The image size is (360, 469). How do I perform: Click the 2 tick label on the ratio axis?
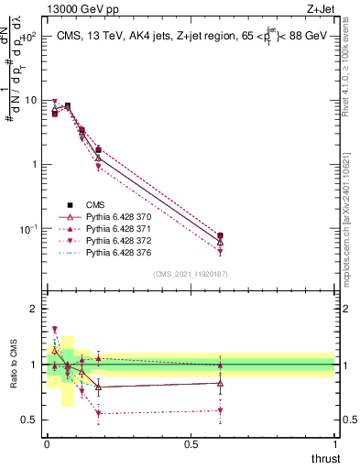point(34,310)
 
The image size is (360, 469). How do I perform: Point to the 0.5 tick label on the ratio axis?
point(30,420)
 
